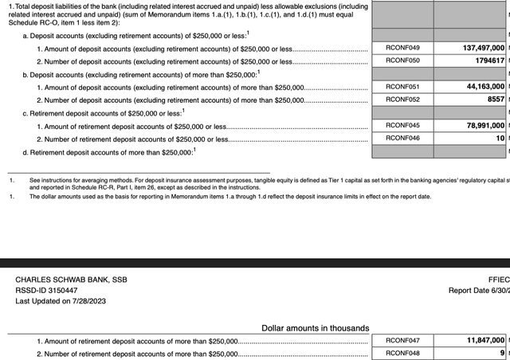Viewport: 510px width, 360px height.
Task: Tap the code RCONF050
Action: tap(402, 61)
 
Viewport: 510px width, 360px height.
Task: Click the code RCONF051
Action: tap(402, 87)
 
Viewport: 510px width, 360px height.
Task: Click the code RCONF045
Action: tap(402, 125)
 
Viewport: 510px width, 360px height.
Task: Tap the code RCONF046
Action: tap(402, 138)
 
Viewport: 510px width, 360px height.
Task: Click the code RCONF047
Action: tap(402, 340)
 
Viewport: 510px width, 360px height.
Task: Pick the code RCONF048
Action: tap(402, 353)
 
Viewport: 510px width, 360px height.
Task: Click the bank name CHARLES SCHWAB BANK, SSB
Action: tap(71, 280)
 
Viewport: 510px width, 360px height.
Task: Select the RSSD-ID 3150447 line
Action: tap(48, 290)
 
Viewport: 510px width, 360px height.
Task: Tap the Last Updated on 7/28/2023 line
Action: tap(61, 301)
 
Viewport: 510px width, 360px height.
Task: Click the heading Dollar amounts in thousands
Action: tap(315, 327)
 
